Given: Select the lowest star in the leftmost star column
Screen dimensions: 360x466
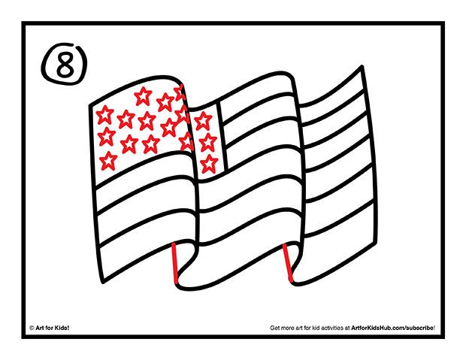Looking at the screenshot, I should (109, 160).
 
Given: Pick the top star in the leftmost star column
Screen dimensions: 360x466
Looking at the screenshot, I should (105, 114).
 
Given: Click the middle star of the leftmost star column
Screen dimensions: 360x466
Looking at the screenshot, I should (107, 137).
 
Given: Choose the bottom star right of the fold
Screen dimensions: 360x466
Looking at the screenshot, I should (208, 162).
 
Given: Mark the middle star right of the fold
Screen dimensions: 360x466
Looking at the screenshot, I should (205, 141).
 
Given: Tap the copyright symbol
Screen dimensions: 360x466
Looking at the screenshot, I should (32, 328).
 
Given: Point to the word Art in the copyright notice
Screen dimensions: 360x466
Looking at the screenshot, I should (40, 328).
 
